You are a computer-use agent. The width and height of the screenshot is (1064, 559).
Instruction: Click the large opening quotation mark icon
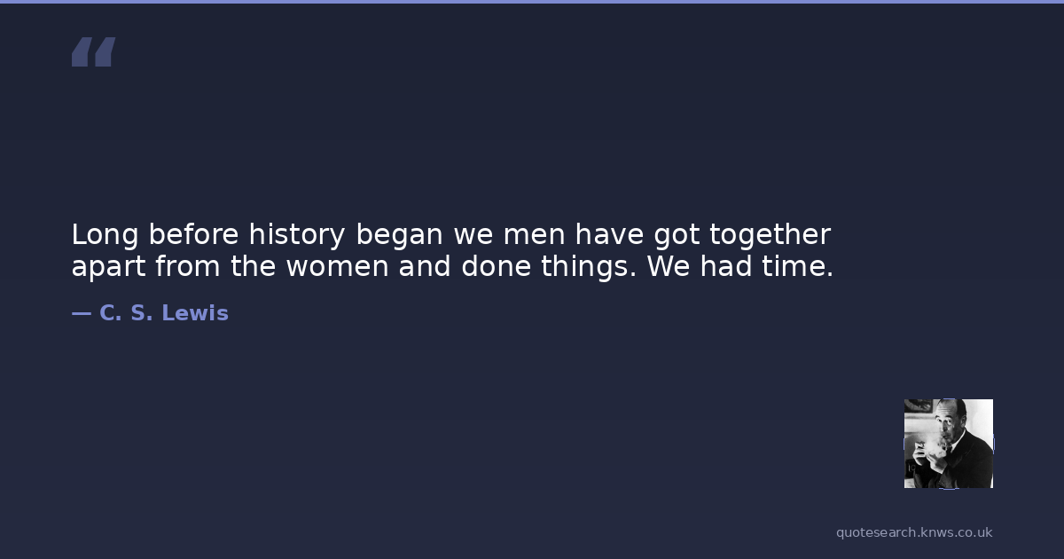pos(94,51)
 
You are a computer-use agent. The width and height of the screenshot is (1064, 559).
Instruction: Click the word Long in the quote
pos(105,235)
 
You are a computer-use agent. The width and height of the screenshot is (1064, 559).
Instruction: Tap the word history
pos(297,235)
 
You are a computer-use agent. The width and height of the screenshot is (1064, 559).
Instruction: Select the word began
pos(400,235)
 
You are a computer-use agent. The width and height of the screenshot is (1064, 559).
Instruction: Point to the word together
pos(770,235)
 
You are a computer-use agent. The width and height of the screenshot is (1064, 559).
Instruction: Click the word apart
pos(108,267)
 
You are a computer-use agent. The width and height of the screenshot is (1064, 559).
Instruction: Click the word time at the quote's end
pos(797,266)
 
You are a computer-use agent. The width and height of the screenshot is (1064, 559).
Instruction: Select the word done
pos(496,266)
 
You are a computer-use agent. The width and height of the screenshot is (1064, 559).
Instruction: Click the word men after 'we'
pos(535,236)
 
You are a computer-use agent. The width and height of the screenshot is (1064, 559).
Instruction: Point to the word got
pos(677,236)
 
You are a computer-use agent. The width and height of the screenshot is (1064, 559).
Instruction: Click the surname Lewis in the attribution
pos(195,313)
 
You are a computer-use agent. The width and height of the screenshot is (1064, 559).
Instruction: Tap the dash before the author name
pos(82,314)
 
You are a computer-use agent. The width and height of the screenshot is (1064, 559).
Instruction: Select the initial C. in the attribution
pos(111,313)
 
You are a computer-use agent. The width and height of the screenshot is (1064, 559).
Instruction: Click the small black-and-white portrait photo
pos(949,444)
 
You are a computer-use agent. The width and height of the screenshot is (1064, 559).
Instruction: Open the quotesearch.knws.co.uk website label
pos(914,533)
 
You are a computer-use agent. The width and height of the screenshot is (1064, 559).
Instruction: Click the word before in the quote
pos(194,235)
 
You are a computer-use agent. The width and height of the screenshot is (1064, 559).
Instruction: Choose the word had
pos(726,266)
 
